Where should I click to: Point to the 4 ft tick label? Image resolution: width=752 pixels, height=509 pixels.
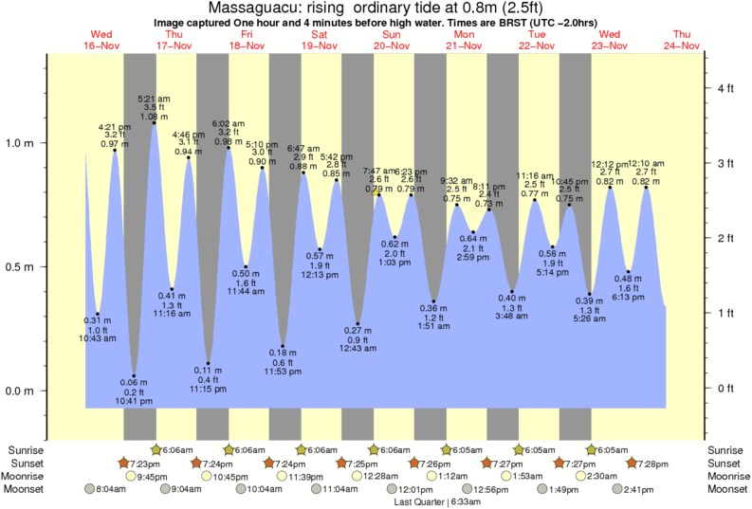tap(725, 89)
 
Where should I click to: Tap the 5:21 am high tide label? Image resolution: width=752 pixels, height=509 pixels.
tap(154, 98)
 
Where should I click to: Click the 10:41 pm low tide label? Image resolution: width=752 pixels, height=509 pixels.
tap(133, 401)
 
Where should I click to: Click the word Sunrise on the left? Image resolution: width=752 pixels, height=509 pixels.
tap(25, 449)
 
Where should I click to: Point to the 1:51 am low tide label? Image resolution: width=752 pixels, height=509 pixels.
tap(433, 328)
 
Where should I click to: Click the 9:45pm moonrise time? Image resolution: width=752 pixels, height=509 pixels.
tap(152, 476)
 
